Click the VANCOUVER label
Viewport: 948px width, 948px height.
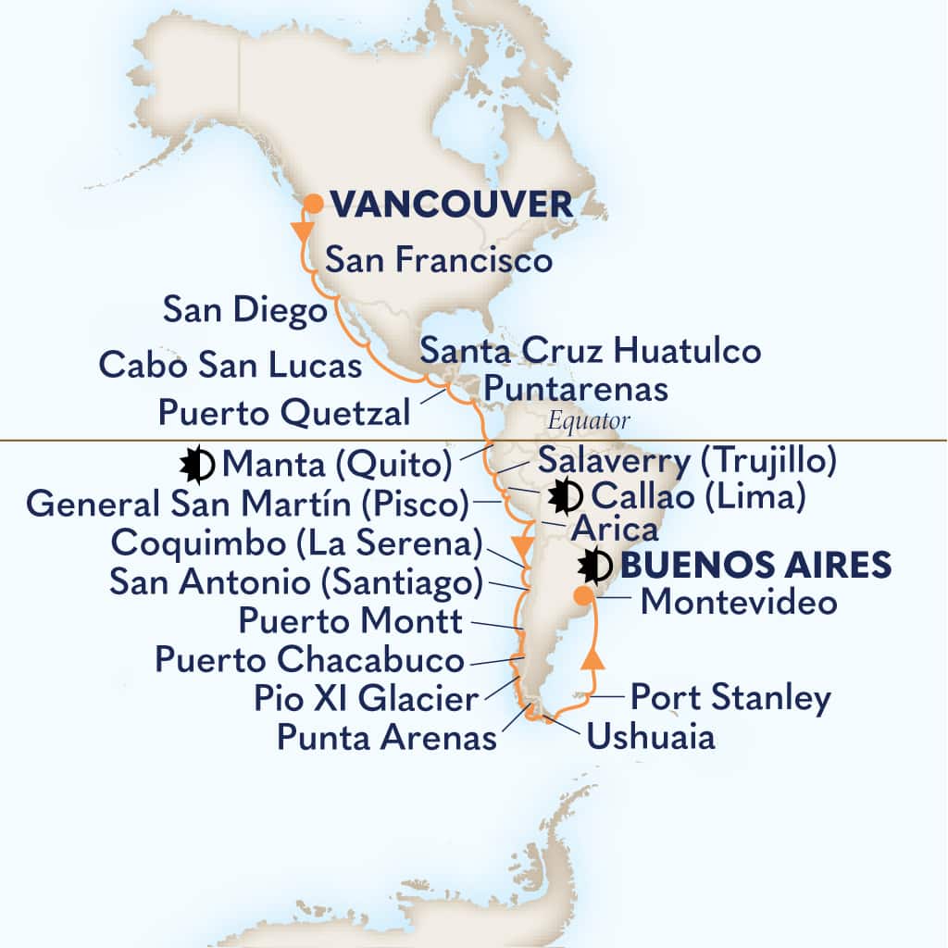pos(452,205)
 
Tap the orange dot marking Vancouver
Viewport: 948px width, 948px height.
pos(314,204)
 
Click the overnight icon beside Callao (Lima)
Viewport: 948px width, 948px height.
pos(564,497)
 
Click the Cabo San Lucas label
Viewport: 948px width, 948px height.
pos(230,365)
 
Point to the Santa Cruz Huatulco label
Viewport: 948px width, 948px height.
pos(590,351)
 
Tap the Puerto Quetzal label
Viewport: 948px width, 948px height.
pos(283,411)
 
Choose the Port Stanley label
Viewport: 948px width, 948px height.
pos(730,698)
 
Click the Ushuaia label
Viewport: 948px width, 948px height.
pos(650,738)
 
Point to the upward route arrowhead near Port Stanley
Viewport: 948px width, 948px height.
pos(592,659)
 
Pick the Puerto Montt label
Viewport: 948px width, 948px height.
pos(350,621)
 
